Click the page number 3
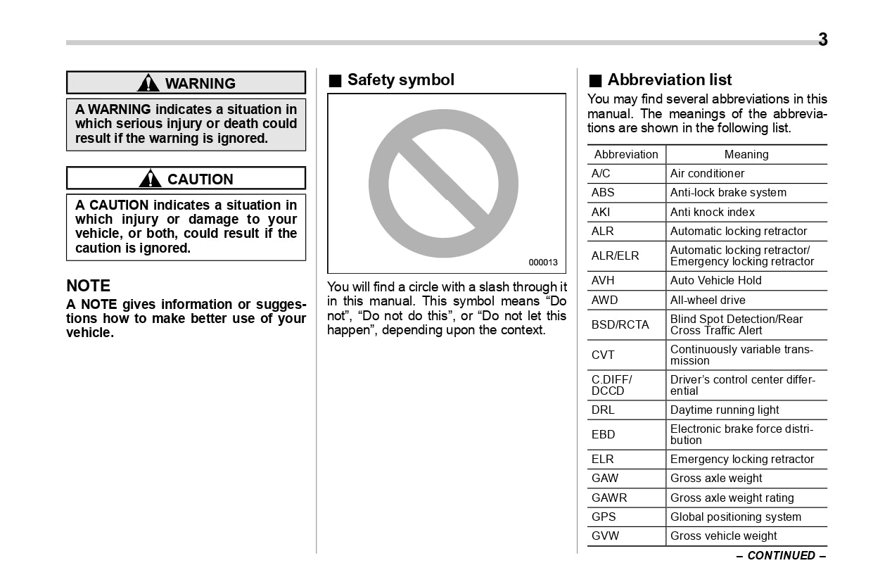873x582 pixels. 822,40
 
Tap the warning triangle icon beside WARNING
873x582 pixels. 148,83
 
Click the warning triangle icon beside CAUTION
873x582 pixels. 150,179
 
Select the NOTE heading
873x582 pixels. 89,286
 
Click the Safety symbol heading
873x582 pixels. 400,80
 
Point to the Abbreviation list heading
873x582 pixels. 669,80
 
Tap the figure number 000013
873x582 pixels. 542,262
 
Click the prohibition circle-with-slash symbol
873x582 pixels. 443,184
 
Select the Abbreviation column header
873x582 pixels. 626,155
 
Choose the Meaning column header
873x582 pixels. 746,155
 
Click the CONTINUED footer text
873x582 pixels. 781,555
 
